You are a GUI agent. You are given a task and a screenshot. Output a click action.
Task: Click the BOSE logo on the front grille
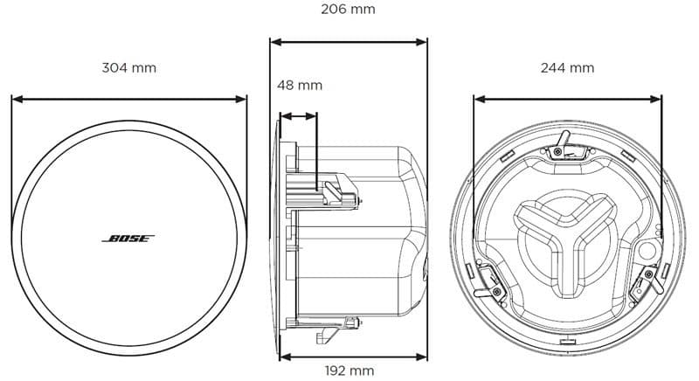pos(129,238)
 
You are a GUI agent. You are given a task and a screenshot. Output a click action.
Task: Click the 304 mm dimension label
pos(129,67)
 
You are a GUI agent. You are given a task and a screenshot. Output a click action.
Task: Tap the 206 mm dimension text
pos(348,10)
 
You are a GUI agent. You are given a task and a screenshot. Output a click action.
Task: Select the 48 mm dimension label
pos(300,85)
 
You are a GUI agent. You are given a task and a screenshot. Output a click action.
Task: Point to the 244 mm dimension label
pos(567,67)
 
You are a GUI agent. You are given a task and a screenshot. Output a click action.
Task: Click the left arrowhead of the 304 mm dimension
pos(16,99)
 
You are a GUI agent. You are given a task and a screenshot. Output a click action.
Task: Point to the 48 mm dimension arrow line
pos(299,114)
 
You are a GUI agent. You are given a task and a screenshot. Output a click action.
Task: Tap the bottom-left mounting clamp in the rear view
pos(486,281)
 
